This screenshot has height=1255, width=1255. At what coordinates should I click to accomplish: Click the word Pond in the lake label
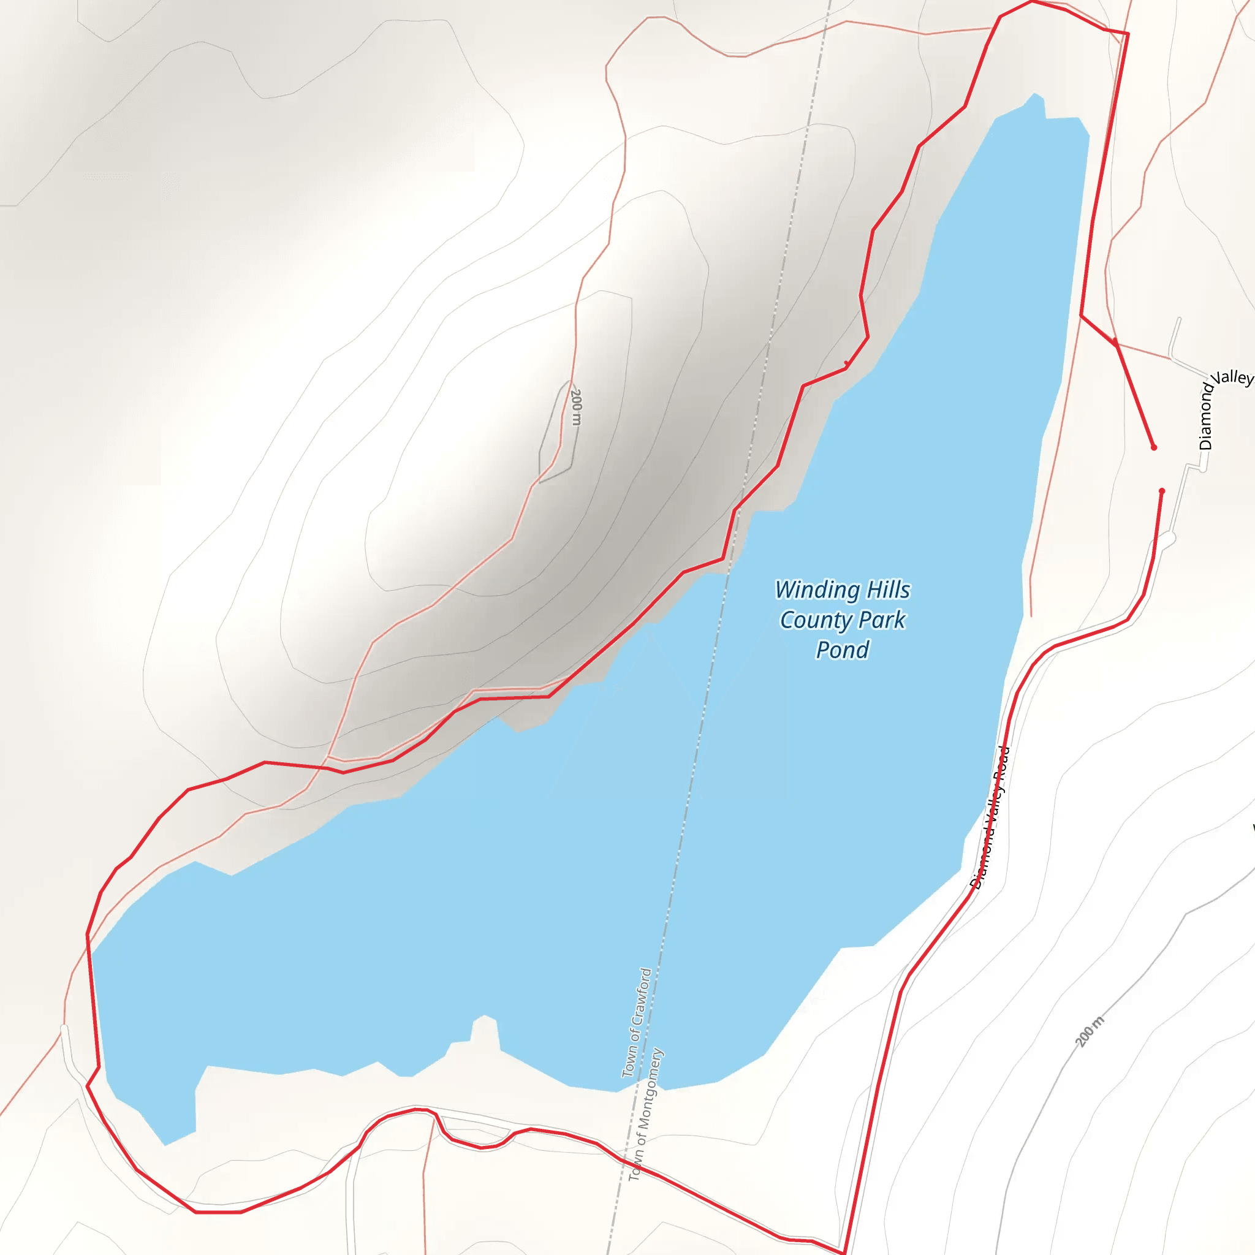pyautogui.click(x=842, y=650)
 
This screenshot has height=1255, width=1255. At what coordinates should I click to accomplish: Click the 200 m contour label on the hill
pyautogui.click(x=575, y=407)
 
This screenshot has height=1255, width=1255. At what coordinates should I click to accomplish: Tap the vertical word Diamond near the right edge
pyautogui.click(x=1205, y=416)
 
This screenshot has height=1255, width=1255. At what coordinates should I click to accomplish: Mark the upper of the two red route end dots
pyautogui.click(x=1154, y=447)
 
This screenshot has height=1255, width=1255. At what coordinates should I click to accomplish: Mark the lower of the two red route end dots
pyautogui.click(x=1162, y=491)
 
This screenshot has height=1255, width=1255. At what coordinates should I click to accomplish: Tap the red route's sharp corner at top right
pyautogui.click(x=1128, y=33)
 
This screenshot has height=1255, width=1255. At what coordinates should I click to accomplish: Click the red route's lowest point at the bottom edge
pyautogui.click(x=843, y=1253)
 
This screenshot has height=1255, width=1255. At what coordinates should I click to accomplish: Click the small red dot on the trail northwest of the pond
pyautogui.click(x=846, y=363)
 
